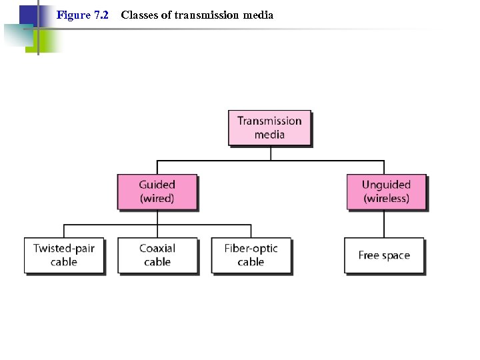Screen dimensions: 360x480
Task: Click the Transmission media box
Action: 269,127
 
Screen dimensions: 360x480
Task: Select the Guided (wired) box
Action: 157,191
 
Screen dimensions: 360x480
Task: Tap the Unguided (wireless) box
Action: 386,191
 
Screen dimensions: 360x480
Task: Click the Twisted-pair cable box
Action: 64,255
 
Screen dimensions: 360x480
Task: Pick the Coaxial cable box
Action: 157,255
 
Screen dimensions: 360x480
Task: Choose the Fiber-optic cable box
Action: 251,255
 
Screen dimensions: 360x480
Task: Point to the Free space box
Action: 384,255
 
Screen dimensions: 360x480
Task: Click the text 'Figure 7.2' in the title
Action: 83,15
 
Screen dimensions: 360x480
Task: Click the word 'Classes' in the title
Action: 139,15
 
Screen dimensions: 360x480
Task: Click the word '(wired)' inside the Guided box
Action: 157,199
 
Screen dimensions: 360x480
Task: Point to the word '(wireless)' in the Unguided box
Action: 386,199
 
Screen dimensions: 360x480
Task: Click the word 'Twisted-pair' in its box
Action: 64,248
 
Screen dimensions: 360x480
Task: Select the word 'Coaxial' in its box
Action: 157,248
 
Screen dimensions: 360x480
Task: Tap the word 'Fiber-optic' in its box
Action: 251,248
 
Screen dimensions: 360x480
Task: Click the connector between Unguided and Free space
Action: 384,223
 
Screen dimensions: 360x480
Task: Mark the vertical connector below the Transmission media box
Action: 271,153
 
